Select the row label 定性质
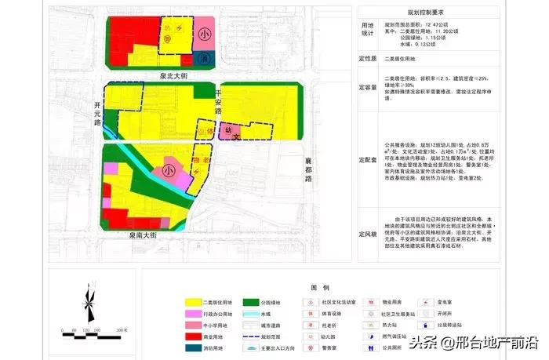[x=368, y=59]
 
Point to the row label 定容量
[x=368, y=87]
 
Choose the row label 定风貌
[x=368, y=233]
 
